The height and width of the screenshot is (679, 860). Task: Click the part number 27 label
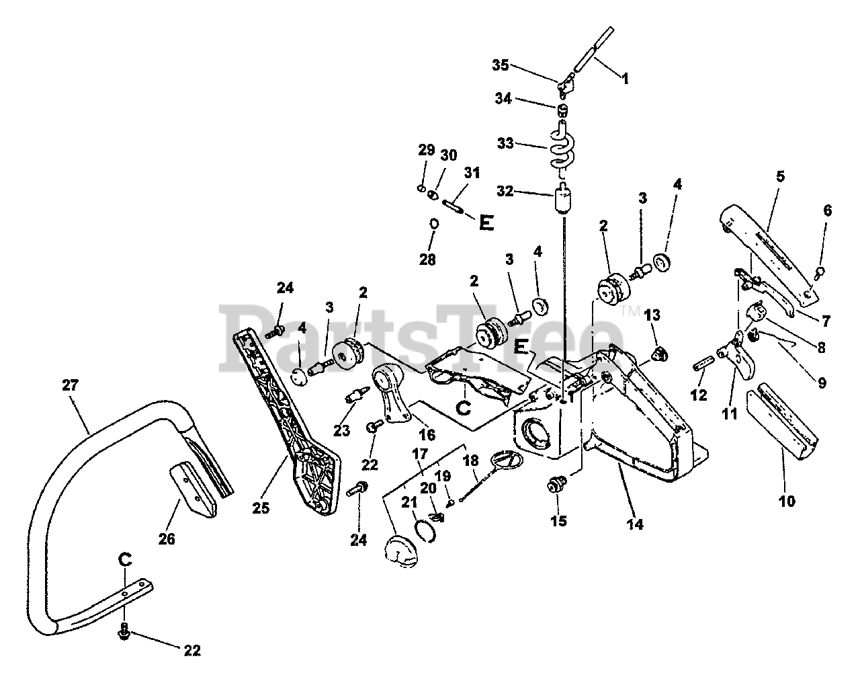[70, 385]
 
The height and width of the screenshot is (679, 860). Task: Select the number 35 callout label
[500, 65]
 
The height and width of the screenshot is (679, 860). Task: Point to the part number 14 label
[634, 524]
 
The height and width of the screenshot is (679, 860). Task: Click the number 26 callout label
[167, 538]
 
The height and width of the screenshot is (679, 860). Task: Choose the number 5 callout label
[779, 177]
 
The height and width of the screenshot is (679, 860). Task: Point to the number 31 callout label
[472, 173]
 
